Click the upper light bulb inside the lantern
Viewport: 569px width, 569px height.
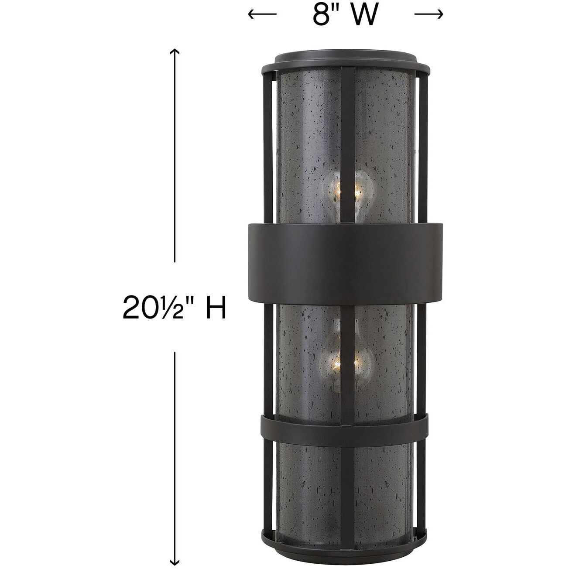[345, 190]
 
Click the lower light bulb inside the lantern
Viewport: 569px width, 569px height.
[345, 360]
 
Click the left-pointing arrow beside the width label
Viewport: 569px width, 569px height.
[262, 15]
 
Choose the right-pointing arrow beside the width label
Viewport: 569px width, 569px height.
[429, 15]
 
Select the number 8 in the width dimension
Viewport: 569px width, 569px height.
[320, 15]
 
